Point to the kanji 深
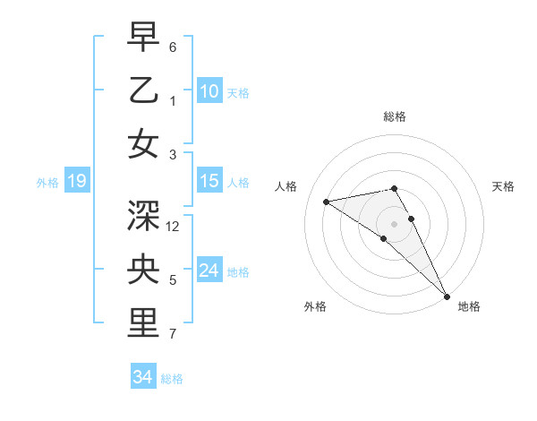tap(144, 215)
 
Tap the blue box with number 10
tap(209, 90)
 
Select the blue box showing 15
tap(209, 181)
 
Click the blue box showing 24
tap(209, 271)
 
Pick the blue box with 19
tap(76, 182)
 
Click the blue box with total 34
tap(142, 377)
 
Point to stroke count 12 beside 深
tap(174, 227)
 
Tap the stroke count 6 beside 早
tap(173, 47)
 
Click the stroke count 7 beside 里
tap(173, 334)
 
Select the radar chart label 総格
tap(395, 116)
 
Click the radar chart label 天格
tap(503, 186)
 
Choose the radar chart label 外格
tap(315, 306)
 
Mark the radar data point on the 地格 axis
tap(447, 296)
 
